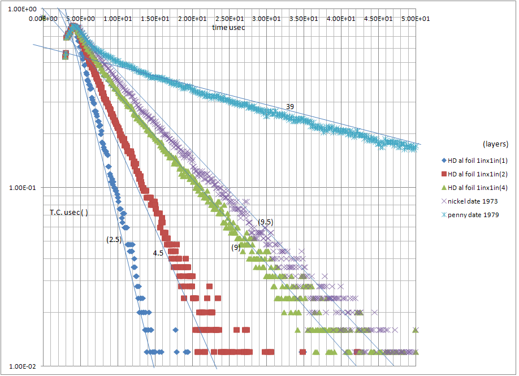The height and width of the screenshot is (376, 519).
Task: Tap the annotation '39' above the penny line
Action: point(289,106)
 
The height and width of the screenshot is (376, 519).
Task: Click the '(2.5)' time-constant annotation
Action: point(114,240)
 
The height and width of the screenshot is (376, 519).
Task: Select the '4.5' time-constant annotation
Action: point(158,253)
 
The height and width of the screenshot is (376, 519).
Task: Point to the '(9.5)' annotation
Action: point(266,222)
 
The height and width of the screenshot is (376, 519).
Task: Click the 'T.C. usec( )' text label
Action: point(69,213)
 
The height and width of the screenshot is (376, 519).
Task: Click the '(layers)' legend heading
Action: point(496,144)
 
